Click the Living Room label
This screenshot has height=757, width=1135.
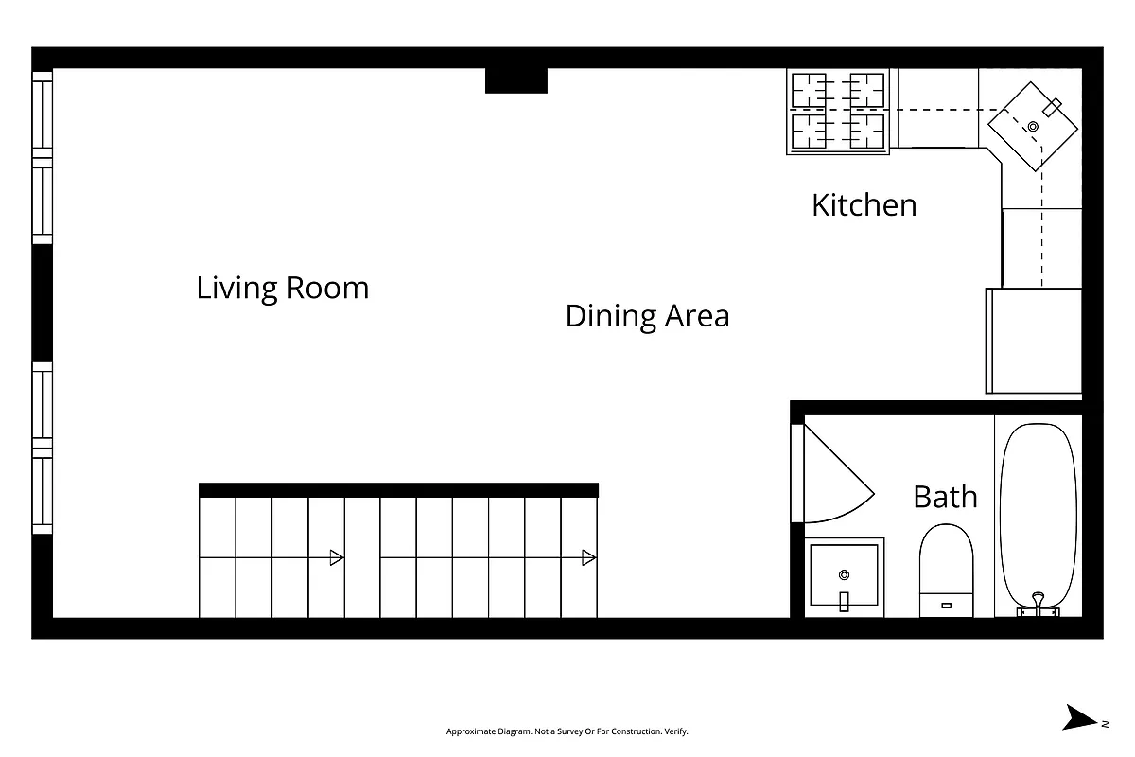pos(282,288)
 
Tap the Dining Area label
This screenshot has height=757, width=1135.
pos(647,316)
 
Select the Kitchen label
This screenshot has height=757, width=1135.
pos(864,205)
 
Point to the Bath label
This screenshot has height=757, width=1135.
pos(945,497)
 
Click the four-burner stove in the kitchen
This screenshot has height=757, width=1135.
pos(838,112)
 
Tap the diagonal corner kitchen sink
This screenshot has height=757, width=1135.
pos(1033,126)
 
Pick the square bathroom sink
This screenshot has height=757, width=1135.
pos(845,577)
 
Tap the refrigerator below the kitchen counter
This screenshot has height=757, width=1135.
pos(1033,341)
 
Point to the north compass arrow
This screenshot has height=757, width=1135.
pos(1078,718)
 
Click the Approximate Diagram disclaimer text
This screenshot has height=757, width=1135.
pos(567,731)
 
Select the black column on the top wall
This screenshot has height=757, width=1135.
pos(515,80)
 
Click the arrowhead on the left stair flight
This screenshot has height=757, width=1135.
pos(335,557)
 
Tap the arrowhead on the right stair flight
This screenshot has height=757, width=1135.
pos(588,557)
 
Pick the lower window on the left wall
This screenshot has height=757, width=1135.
pos(43,448)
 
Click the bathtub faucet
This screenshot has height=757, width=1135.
pos(1038,603)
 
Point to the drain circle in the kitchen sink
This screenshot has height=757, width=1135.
pos(1033,126)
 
